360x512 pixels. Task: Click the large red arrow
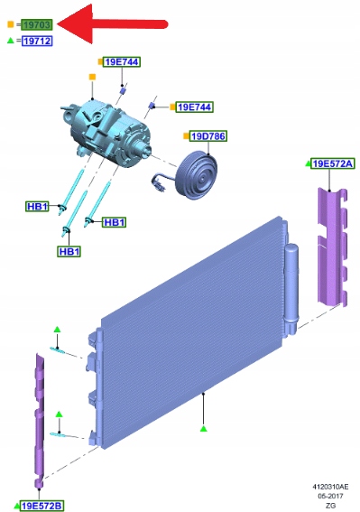pyautogui.click(x=111, y=24)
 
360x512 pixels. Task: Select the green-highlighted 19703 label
pyautogui.click(x=37, y=24)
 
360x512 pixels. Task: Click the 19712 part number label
pyautogui.click(x=37, y=41)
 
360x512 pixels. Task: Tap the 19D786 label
pyautogui.click(x=208, y=135)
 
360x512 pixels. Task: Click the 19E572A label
pyautogui.click(x=333, y=163)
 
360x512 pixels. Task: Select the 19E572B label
pyautogui.click(x=42, y=506)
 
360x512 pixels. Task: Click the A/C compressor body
pyautogui.click(x=107, y=132)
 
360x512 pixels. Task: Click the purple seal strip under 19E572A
pyautogui.click(x=331, y=247)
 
